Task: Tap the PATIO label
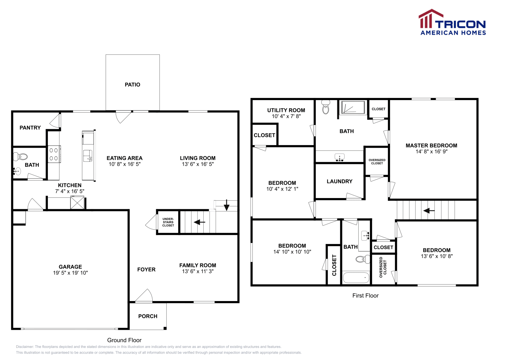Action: click(133, 85)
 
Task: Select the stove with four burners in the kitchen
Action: click(54, 154)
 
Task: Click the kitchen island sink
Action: click(88, 156)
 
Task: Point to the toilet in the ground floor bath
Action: click(20, 156)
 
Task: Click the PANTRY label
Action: click(30, 128)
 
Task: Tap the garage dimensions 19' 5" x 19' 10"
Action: click(70, 273)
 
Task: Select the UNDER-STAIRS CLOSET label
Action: click(168, 222)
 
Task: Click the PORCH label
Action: click(148, 316)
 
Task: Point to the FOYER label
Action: click(146, 270)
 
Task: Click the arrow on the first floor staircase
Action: click(429, 211)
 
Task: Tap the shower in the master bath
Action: click(353, 107)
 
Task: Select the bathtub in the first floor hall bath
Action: click(356, 278)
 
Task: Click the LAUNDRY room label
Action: click(339, 181)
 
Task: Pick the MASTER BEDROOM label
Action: click(432, 145)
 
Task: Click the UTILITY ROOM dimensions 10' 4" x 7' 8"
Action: click(286, 116)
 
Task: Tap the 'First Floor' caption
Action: click(365, 296)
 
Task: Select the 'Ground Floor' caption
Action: click(124, 340)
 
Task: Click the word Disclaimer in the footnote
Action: click(25, 347)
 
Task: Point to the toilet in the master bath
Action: click(325, 107)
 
